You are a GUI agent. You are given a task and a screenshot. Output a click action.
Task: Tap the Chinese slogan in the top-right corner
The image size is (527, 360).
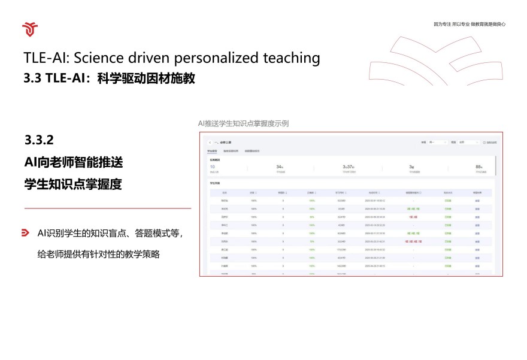coord(470,24)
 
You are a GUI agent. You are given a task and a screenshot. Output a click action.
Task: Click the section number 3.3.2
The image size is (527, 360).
coord(40,140)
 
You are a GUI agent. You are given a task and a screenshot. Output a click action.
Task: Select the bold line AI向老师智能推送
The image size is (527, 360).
coord(74,162)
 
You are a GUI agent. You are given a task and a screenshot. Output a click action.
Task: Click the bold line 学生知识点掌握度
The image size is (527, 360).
coord(73,184)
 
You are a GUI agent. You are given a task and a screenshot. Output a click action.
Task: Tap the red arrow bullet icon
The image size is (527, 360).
coord(26,232)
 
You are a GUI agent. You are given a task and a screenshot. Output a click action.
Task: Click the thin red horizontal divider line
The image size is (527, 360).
coord(108,208)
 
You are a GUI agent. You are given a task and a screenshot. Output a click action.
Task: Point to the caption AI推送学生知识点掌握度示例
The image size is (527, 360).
coord(244,123)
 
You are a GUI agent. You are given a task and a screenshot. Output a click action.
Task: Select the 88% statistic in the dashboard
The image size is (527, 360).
coord(478,167)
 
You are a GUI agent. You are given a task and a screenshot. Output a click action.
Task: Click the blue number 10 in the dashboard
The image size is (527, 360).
coord(212,167)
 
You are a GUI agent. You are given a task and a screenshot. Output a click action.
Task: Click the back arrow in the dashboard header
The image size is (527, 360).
coord(209,143)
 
